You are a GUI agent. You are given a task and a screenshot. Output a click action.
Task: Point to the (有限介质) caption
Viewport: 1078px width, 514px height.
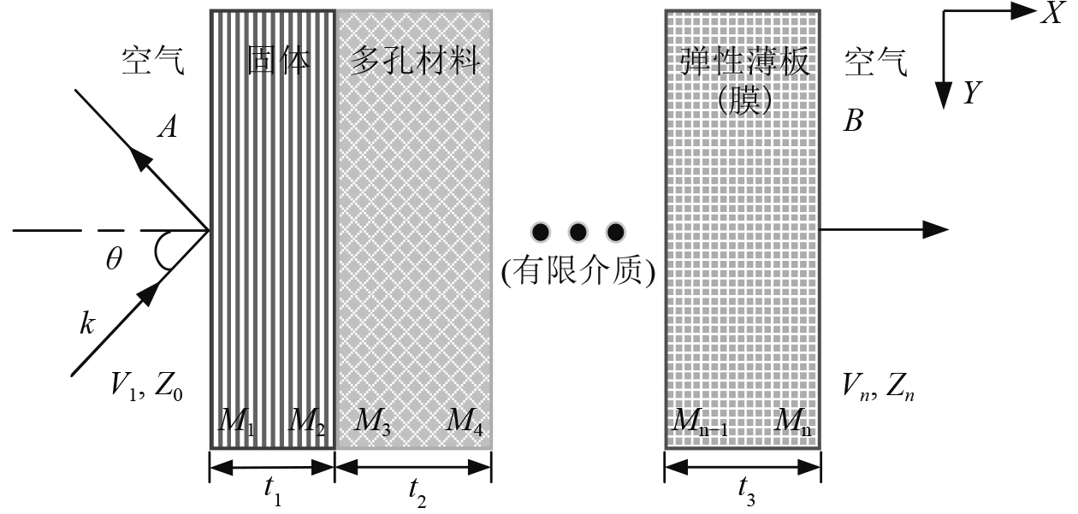click(578, 271)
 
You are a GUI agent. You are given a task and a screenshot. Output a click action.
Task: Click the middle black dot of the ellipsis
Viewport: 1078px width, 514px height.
click(577, 231)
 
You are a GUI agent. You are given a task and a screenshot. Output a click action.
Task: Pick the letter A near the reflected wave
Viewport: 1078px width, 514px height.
click(168, 127)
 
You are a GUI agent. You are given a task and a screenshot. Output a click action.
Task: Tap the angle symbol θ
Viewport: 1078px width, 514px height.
click(114, 260)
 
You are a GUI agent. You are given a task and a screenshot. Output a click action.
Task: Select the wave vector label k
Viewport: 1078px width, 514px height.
click(86, 324)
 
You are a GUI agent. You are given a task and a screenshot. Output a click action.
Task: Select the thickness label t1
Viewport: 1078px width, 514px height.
click(271, 488)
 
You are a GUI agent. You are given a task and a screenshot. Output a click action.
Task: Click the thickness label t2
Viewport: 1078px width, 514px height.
click(415, 488)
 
